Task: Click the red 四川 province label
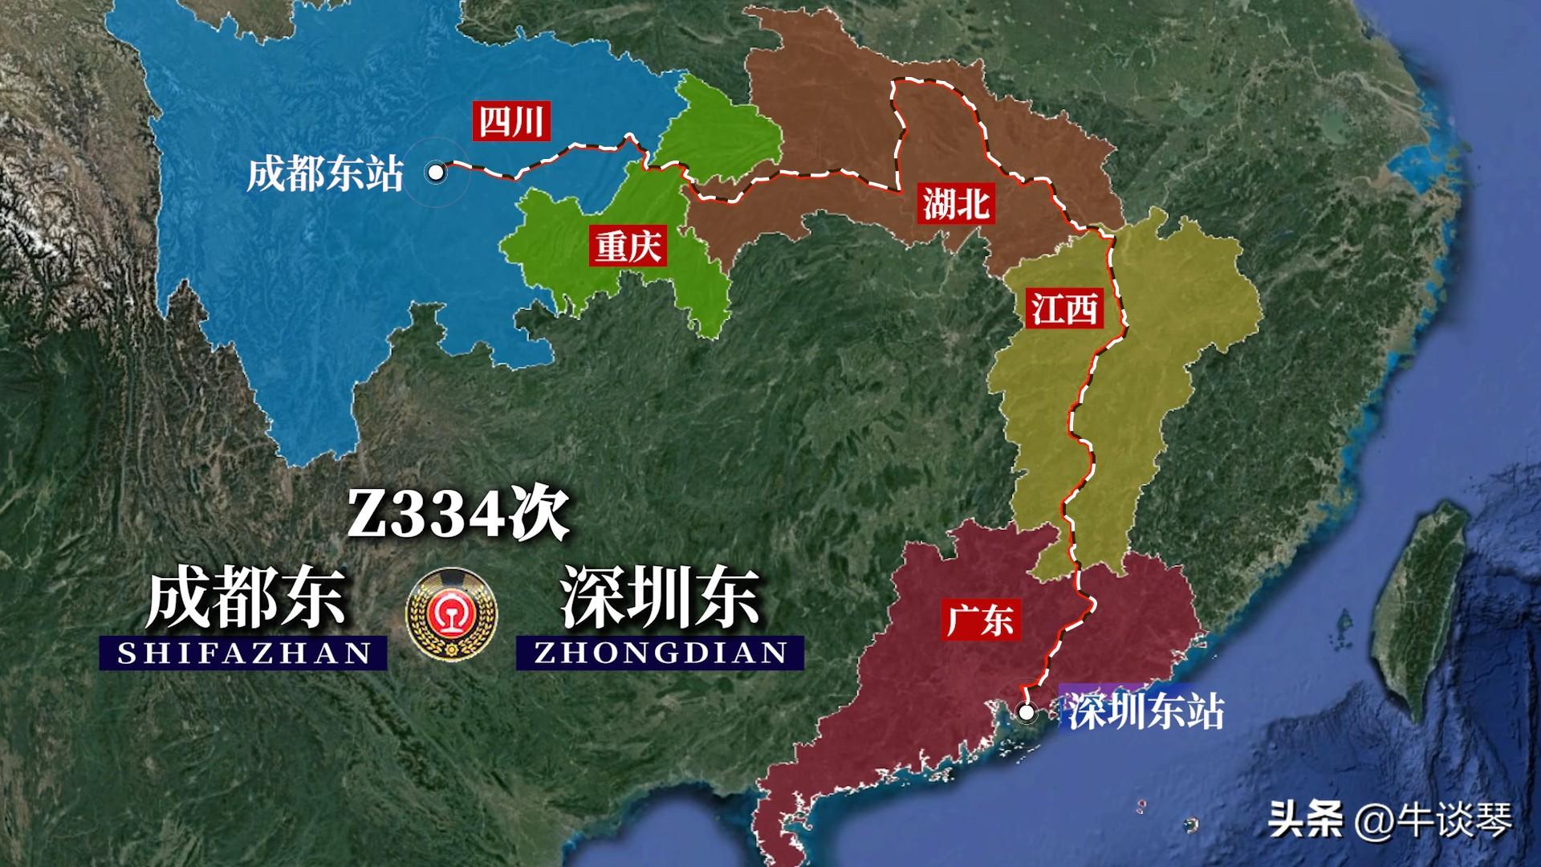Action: coord(510,122)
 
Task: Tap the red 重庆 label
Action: coord(628,245)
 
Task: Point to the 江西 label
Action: coord(1064,307)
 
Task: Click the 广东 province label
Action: coord(980,620)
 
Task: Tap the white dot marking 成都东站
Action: coord(436,172)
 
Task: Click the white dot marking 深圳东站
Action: coord(1026,711)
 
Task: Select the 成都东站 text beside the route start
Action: coord(324,173)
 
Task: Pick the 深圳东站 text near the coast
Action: coord(1145,710)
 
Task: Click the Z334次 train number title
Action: coord(457,514)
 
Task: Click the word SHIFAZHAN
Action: coord(244,653)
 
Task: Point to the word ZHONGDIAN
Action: coord(661,653)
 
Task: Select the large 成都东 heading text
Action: coord(245,598)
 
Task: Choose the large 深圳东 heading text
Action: coord(660,598)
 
